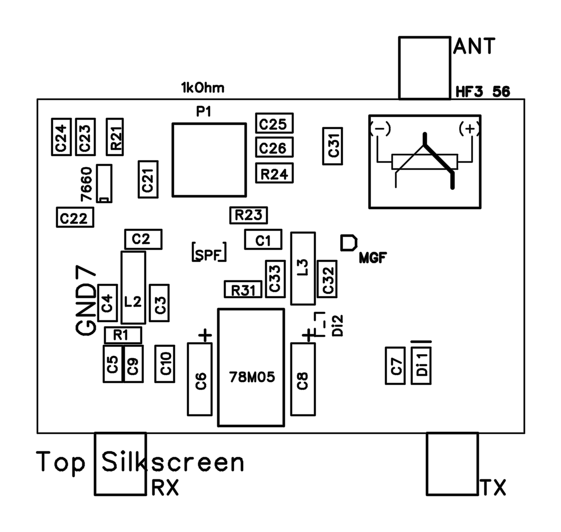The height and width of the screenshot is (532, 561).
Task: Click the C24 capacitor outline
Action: [61, 137]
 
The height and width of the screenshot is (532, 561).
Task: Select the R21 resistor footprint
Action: [115, 137]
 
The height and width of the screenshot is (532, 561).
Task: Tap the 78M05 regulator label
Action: [252, 377]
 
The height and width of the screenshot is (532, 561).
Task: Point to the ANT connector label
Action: [474, 46]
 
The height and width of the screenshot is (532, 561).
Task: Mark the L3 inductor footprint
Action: [303, 268]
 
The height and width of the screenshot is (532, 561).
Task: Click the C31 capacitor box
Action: [333, 146]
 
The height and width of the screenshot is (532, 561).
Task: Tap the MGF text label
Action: [373, 258]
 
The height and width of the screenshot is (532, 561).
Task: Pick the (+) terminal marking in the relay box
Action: [469, 129]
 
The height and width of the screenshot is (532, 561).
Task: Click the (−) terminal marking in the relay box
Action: [381, 129]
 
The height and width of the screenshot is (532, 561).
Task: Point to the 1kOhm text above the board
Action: [203, 88]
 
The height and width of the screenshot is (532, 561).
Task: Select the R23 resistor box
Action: [248, 215]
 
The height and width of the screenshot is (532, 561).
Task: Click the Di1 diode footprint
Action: [421, 365]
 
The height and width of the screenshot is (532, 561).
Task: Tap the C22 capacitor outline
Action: [75, 217]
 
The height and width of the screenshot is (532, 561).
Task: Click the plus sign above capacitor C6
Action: [205, 335]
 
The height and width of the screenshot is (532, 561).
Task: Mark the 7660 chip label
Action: [86, 184]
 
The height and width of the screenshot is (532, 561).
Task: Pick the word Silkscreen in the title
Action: [172, 462]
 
